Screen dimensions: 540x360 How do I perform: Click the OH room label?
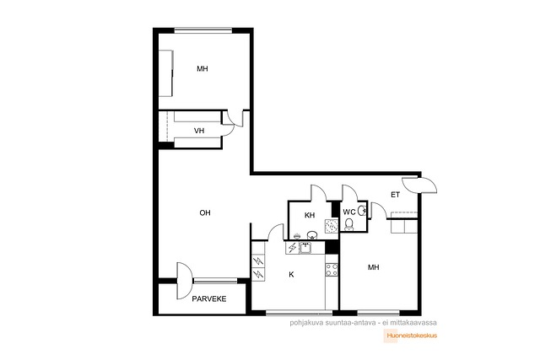coord(205,213)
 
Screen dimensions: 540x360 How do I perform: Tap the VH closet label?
coord(199,131)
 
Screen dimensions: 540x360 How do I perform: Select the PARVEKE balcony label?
coord(209,299)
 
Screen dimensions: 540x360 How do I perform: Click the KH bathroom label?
coord(310,216)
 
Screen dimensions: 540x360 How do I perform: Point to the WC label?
coord(349,212)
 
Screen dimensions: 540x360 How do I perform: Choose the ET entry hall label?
coord(396,195)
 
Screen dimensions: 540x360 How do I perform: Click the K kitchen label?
coord(291,275)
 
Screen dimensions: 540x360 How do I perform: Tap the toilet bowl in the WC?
coord(349,224)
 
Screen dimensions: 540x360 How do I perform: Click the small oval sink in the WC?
coord(362,210)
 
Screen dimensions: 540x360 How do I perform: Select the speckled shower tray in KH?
coord(332,226)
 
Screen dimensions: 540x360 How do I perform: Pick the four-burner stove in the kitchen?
coord(332,270)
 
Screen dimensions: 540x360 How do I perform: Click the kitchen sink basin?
coord(305,248)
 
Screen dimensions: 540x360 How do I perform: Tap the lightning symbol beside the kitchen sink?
coord(292,248)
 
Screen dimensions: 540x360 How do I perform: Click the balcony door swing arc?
coord(183,281)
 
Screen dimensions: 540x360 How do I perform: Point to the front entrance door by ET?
coord(419,185)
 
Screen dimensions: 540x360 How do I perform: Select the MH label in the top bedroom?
coord(202,69)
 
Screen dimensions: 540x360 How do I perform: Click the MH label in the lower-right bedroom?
coord(373,267)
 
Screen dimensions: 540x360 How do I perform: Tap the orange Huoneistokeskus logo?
coord(410,336)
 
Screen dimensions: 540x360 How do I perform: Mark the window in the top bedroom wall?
coord(203,30)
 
